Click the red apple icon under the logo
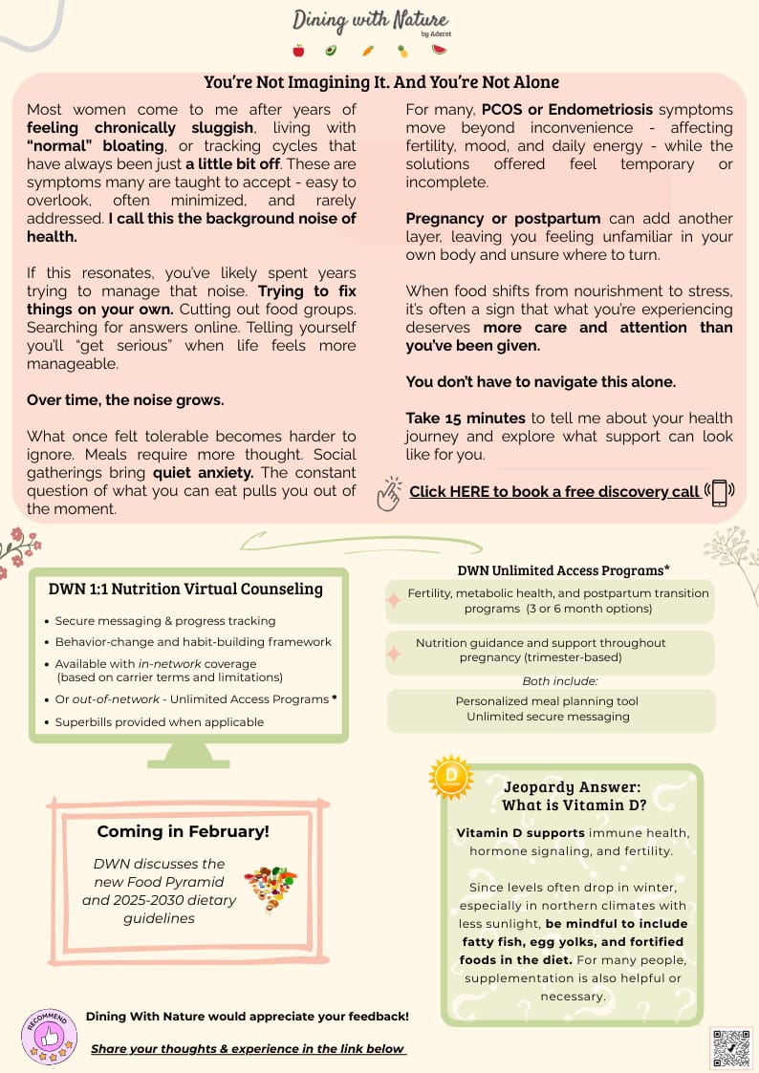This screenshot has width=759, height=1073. point(298,51)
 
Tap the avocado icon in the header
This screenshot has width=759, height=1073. point(331,51)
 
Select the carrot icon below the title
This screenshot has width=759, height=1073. point(368,51)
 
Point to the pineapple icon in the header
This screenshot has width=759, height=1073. point(402,51)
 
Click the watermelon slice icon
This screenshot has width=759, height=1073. point(440,50)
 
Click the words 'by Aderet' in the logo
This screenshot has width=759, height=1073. point(434,34)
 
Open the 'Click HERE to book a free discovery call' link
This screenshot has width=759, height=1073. point(554,491)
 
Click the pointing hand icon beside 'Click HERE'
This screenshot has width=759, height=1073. point(388,493)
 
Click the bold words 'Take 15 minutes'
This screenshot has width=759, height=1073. point(466,418)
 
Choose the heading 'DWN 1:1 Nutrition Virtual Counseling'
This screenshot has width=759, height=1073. point(185,590)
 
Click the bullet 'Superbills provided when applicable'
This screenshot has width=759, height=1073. point(160,722)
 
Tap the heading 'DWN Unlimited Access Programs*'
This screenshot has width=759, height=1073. point(563,570)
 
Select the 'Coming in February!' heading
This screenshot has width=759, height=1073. point(184,831)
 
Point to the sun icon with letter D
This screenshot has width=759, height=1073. point(450,777)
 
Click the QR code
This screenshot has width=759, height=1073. point(731,1048)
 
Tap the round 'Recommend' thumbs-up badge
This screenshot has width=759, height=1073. point(48,1036)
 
